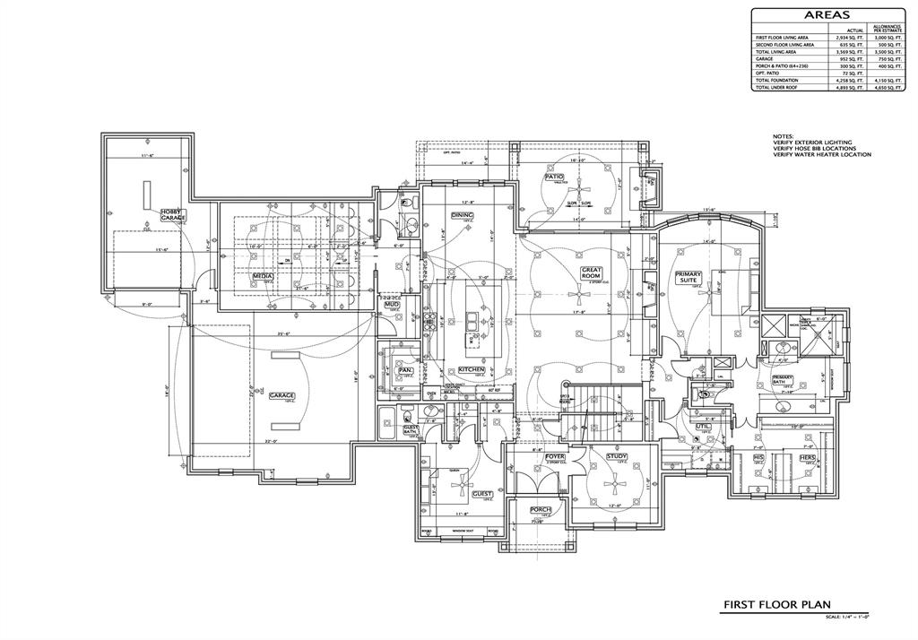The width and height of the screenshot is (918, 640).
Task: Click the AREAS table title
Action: pos(827,15)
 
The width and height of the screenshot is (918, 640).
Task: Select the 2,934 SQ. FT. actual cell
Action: pos(848,37)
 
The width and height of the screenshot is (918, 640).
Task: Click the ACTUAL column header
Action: pos(854,30)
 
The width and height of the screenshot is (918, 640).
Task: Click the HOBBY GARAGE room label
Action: pos(173,215)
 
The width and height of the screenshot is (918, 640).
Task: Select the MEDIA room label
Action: pos(263,277)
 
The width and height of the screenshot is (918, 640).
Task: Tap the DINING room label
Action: pos(462,216)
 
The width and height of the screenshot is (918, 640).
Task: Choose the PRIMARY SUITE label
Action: pos(688,277)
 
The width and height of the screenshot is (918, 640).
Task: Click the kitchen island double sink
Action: pos(472,319)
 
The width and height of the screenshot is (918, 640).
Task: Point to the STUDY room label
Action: pos(616,456)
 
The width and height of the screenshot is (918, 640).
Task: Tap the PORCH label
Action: pos(539,509)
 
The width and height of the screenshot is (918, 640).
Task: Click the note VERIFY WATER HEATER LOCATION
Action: pos(821,155)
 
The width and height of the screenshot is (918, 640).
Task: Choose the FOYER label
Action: pos(555,456)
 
